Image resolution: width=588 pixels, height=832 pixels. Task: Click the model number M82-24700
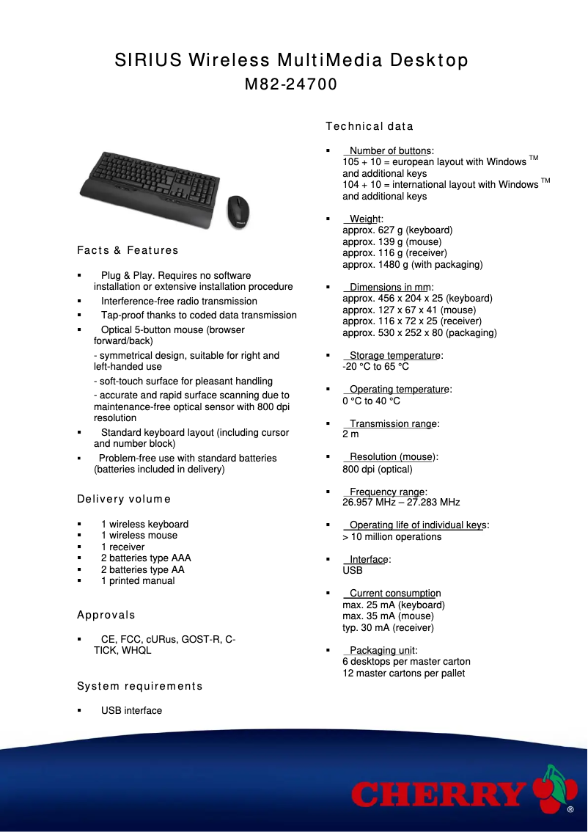(x=290, y=84)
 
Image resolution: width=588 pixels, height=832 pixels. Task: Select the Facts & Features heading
(x=128, y=250)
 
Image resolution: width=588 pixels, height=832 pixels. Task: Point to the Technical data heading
(x=370, y=126)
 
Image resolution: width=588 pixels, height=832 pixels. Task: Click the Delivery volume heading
(x=123, y=500)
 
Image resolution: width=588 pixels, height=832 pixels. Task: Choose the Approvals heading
(x=106, y=615)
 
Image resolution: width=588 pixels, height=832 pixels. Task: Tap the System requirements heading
(x=139, y=686)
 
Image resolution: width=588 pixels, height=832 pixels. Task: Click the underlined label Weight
(x=364, y=219)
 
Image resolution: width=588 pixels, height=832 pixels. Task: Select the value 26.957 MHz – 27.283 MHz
(x=401, y=503)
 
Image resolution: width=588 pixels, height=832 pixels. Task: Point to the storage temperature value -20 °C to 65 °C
(x=375, y=367)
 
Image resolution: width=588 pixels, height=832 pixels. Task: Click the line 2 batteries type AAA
(x=146, y=558)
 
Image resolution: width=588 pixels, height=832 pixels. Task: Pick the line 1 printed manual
(x=138, y=580)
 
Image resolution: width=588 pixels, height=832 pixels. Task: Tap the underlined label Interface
(x=368, y=559)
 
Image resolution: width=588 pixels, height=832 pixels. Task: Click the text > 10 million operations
(x=392, y=536)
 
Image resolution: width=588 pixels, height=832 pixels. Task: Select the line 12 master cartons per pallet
(x=403, y=673)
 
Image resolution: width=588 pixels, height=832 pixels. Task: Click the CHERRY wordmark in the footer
(x=438, y=795)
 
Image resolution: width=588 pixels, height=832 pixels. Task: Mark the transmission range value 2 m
(x=350, y=434)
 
